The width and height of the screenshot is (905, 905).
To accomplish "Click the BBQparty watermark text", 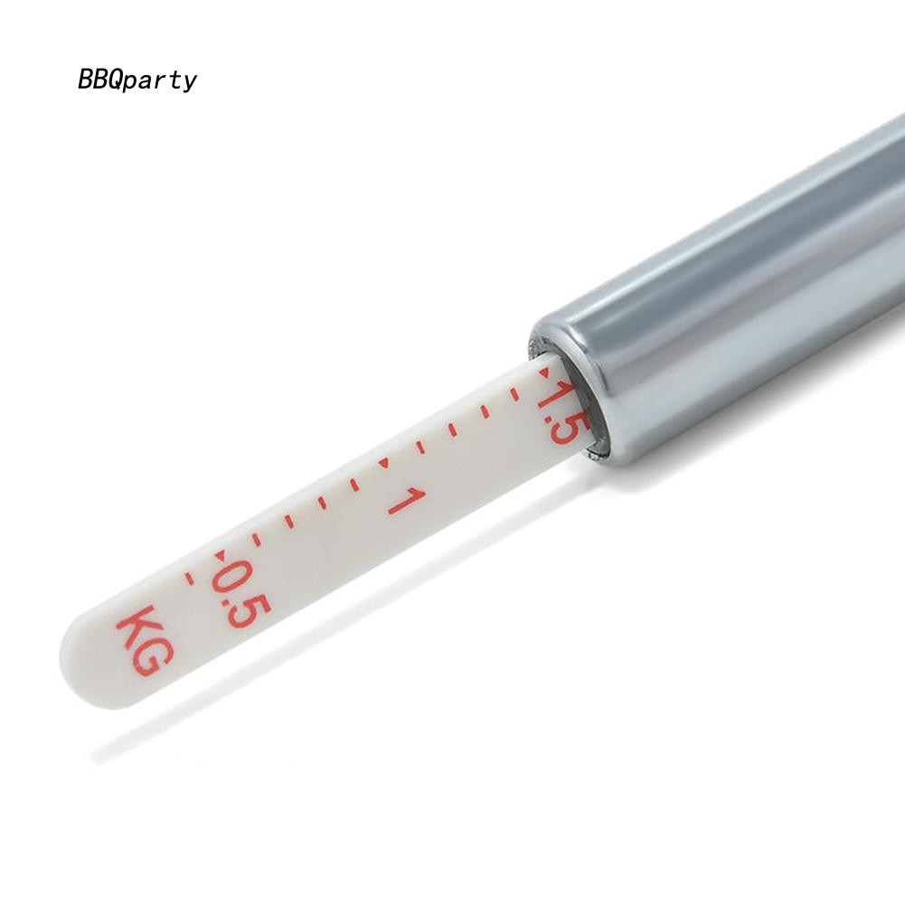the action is point(137,80).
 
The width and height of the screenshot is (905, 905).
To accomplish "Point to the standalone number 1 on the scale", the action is point(406,500).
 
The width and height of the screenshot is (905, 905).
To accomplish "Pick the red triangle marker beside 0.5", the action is point(220,555).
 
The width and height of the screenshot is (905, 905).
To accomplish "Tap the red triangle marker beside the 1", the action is point(383,463).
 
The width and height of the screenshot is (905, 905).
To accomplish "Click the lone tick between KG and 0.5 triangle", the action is point(188,578).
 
